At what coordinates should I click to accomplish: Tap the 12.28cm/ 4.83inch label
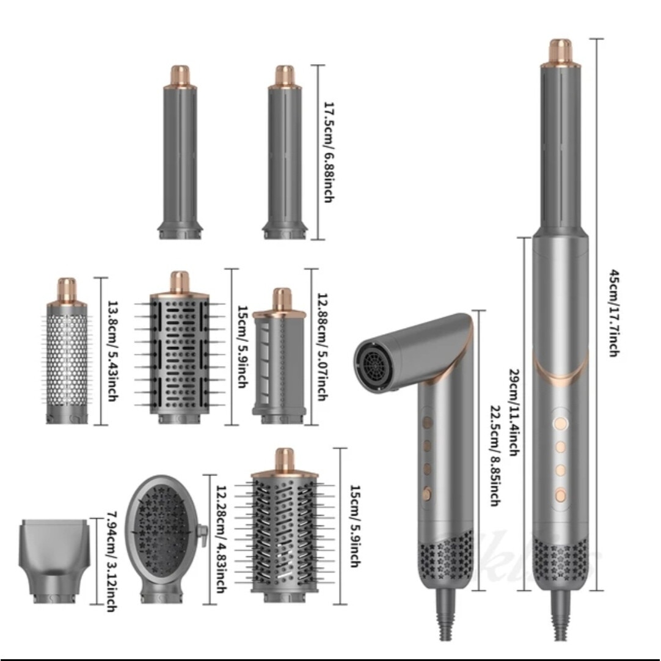click(x=221, y=539)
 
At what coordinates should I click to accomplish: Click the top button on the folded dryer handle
click(x=428, y=422)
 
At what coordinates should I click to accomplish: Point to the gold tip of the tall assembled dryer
click(x=560, y=50)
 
